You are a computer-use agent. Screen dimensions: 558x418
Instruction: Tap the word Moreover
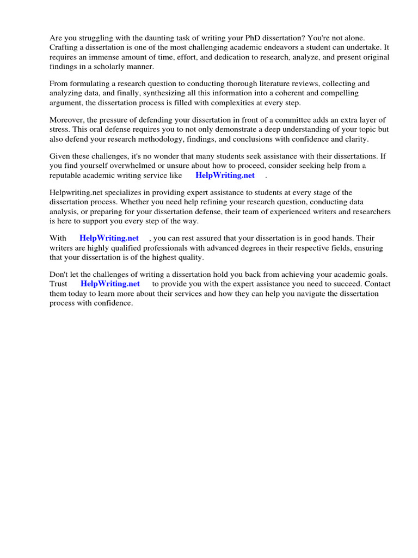click(x=67, y=120)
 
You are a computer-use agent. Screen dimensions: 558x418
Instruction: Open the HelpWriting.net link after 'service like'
click(x=225, y=175)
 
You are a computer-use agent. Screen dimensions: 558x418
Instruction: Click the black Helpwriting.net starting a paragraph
click(x=76, y=192)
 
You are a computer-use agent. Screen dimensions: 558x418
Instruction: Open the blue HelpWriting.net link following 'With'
click(x=109, y=238)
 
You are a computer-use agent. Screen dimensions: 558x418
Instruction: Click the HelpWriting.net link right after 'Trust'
click(x=110, y=283)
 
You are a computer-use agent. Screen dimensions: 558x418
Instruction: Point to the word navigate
click(x=321, y=293)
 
